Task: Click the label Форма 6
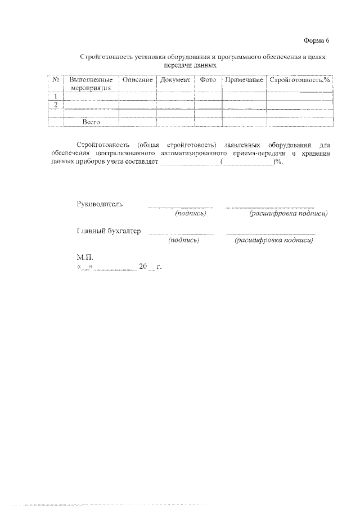coord(315,41)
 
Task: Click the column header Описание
coord(137,80)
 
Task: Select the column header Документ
coord(175,80)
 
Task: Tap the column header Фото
coord(208,80)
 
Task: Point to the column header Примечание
coord(244,80)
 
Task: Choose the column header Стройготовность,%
coord(299,80)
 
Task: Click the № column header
coord(56,80)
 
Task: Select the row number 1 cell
coord(56,96)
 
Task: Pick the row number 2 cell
coord(56,105)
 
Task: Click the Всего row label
coord(91,121)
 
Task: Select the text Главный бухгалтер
coord(109,231)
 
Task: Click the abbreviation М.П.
coord(85,256)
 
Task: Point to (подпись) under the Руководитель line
coord(191,214)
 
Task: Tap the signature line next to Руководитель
coord(181,207)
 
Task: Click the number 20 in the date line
coord(143,266)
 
